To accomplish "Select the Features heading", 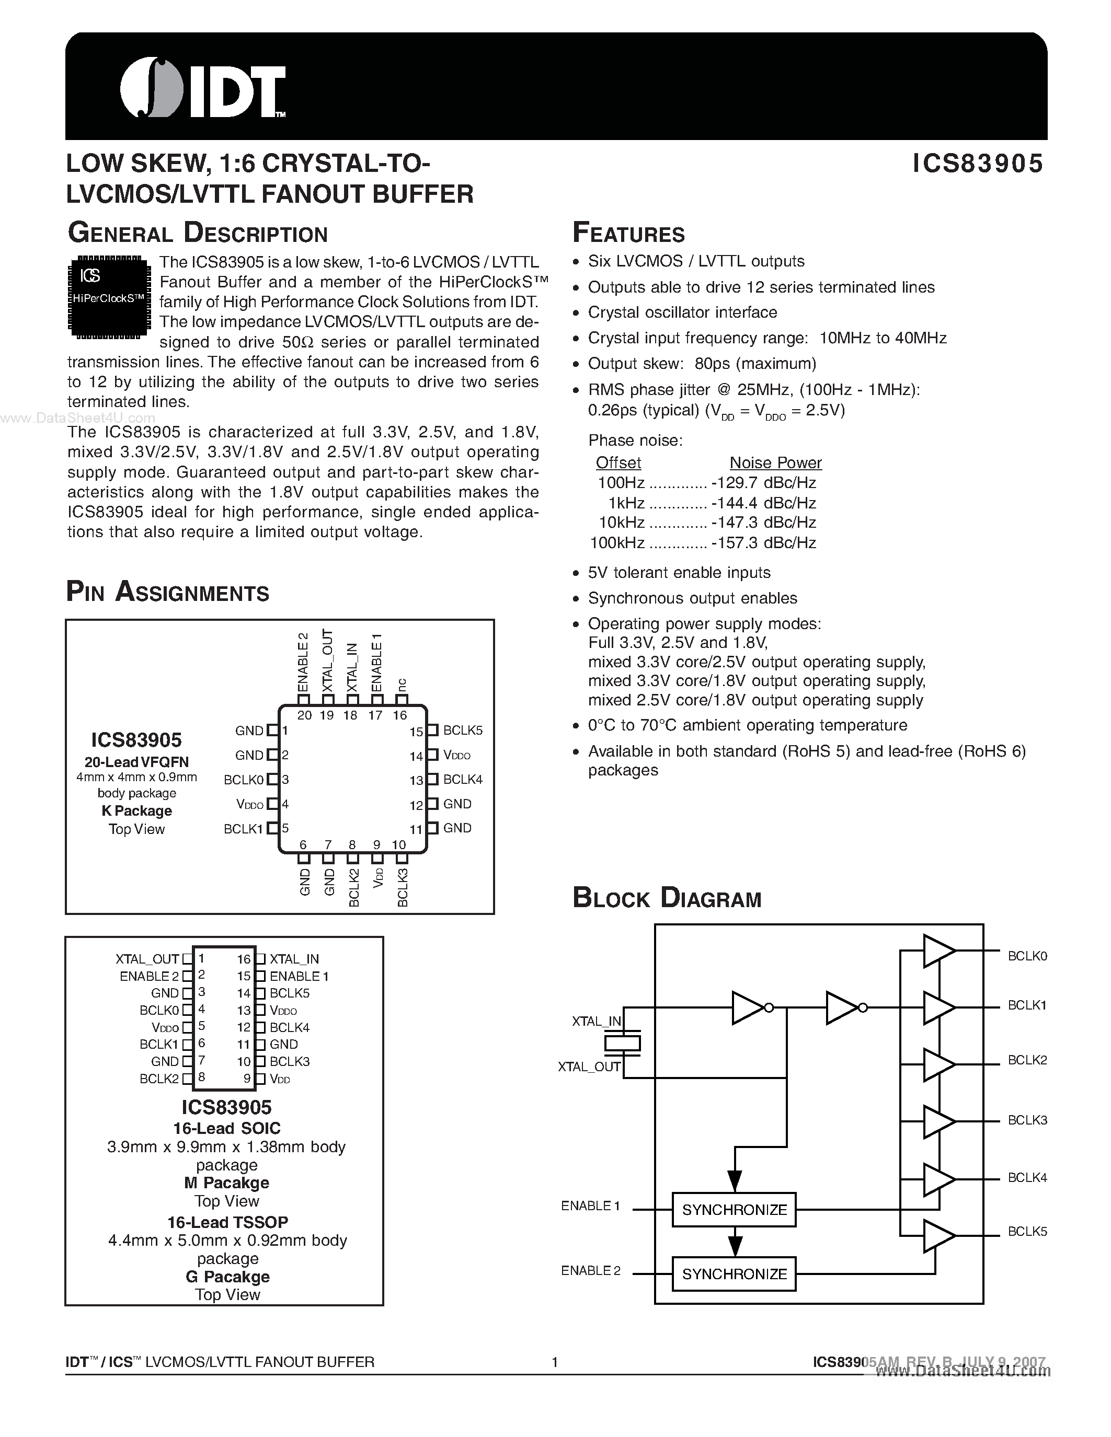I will pos(628,234).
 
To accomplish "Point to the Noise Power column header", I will pos(775,462).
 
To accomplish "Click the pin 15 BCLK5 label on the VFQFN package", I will pos(463,731).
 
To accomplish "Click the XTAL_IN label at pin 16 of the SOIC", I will pos(294,959).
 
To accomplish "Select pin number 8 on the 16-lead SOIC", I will pos(201,1077).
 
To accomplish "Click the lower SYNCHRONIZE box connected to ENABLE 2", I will pos(734,1274).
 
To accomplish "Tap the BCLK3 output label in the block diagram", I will pos(1027,1120).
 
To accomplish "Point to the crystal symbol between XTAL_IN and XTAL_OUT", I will pos(622,1043).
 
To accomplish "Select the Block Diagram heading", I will pos(666,899).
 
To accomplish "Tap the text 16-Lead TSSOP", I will pos(227,1223).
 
